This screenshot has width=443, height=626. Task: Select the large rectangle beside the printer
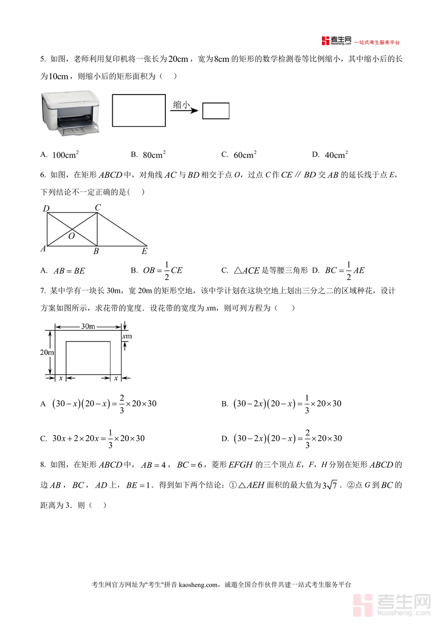(139, 111)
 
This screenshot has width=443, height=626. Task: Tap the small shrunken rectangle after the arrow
(216, 111)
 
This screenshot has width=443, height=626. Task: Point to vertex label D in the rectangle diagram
(46, 209)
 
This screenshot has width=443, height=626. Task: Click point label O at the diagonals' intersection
(72, 236)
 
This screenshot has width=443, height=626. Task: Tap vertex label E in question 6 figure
(144, 251)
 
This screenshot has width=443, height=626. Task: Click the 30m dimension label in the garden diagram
(88, 326)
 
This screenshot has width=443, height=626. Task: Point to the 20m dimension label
(47, 352)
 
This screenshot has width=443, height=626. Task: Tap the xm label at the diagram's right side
(127, 337)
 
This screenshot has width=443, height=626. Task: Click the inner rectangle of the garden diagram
(88, 358)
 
